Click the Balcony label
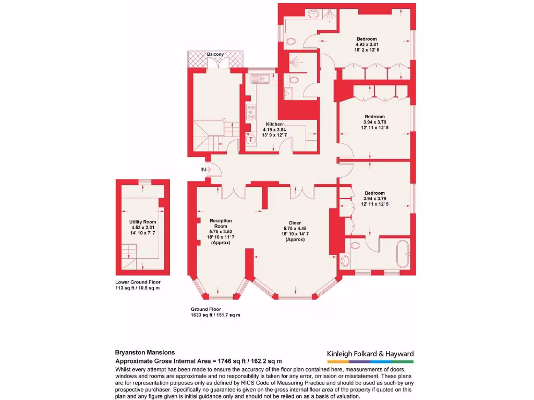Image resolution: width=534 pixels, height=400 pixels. click(x=215, y=54)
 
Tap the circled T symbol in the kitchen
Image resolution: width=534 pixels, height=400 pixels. click(x=251, y=139)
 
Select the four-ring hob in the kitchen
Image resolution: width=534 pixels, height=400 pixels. click(x=251, y=113)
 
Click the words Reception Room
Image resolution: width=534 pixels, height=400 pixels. click(x=220, y=223)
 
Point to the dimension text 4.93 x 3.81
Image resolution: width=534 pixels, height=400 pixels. click(x=367, y=44)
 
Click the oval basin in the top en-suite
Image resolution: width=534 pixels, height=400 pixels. click(x=315, y=15)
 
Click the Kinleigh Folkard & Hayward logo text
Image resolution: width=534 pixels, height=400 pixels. click(x=370, y=354)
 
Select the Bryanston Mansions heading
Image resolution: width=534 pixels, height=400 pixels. click(x=144, y=352)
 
